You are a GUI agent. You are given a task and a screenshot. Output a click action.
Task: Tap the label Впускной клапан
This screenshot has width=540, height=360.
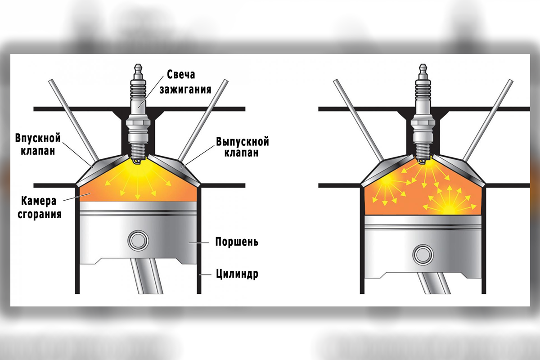point(38,144)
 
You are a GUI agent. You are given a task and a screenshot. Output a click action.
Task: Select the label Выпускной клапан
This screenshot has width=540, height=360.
point(243,147)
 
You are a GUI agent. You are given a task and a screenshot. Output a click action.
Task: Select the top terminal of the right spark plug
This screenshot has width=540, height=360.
point(423,70)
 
